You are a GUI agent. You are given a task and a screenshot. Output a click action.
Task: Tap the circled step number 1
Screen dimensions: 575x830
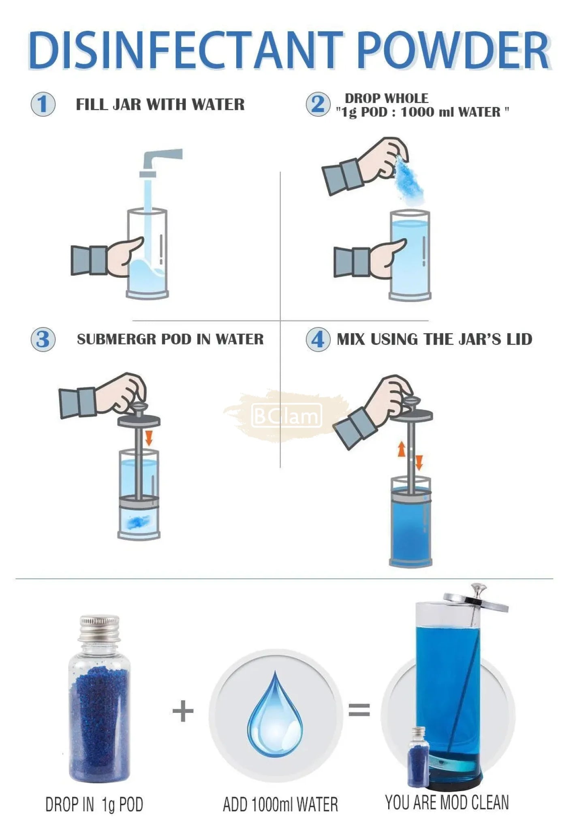43,104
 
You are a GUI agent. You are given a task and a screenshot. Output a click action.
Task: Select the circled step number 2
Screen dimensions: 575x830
318,104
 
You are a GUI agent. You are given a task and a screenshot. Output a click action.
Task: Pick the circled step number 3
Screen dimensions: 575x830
43,339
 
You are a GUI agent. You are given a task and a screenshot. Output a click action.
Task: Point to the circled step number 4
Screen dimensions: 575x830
318,339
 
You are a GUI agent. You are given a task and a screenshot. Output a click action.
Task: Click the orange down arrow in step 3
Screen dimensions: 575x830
149,438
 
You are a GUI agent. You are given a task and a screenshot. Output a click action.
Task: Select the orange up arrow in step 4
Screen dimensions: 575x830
401,449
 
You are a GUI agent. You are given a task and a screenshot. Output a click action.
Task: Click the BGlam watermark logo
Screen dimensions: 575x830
286,416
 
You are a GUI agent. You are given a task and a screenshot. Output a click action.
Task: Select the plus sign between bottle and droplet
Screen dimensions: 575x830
183,712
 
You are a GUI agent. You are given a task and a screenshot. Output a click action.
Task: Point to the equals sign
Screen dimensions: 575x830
359,710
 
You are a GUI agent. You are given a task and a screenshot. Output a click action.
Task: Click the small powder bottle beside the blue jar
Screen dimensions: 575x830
418,756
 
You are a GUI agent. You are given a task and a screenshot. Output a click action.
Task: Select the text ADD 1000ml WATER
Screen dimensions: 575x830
280,804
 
